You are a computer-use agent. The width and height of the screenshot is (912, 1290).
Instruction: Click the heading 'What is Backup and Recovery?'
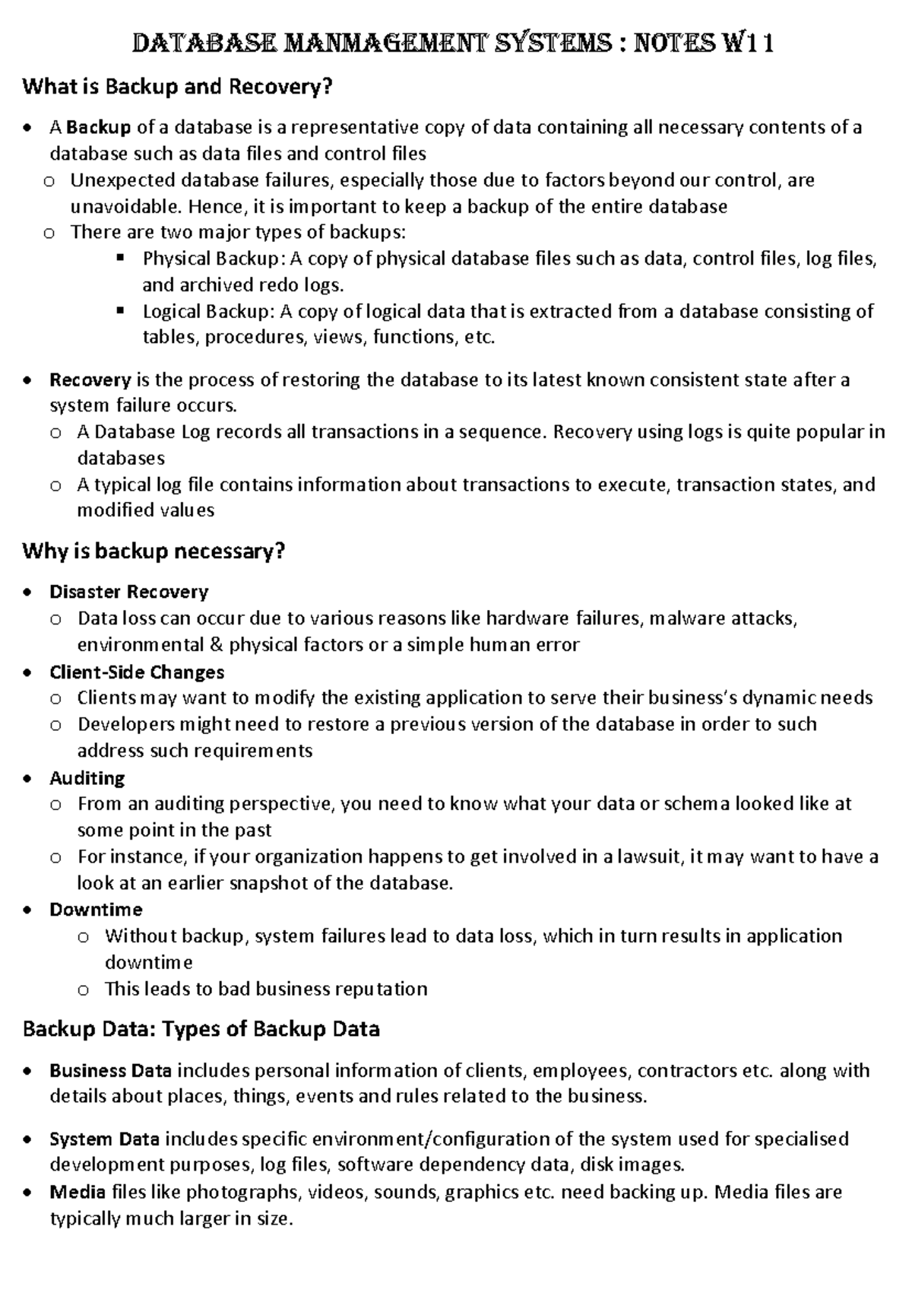tap(177, 87)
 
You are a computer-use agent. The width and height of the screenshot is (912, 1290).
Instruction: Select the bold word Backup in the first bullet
tap(99, 128)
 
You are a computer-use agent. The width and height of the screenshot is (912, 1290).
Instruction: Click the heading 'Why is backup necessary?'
tap(154, 551)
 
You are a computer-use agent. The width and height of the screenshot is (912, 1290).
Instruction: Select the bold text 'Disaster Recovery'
tap(128, 592)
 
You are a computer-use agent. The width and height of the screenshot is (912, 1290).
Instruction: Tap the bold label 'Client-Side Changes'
tap(137, 672)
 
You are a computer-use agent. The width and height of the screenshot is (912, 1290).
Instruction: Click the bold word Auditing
tap(87, 778)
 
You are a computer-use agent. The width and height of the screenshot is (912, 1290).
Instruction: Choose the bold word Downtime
tap(96, 910)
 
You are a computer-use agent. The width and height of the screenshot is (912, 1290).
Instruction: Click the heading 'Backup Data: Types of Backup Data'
tap(201, 1030)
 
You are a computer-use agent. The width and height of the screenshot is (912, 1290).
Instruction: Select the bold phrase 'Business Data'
tap(110, 1071)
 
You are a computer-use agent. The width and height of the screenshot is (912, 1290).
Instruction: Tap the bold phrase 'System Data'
tap(104, 1139)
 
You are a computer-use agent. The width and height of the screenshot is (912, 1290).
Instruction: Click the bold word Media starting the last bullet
tap(77, 1192)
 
